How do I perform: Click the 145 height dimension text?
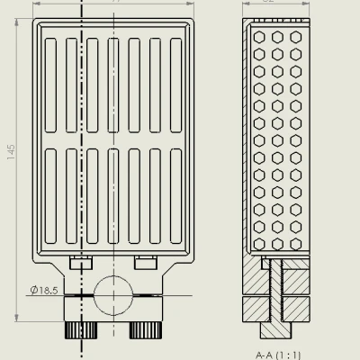coord(11,154)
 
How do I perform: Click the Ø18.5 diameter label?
coord(43,290)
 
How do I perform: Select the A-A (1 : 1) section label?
coord(278,354)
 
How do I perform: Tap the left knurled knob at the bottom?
coord(82,329)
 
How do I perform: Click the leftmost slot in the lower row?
coord(50,196)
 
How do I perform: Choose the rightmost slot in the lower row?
coord(175,196)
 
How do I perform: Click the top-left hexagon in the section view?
coord(260,37)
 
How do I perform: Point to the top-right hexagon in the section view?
coord(295,37)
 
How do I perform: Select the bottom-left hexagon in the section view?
coord(260,244)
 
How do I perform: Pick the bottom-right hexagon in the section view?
coord(295,244)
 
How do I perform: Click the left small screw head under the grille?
coord(81,262)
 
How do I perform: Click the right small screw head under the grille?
coord(144,262)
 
